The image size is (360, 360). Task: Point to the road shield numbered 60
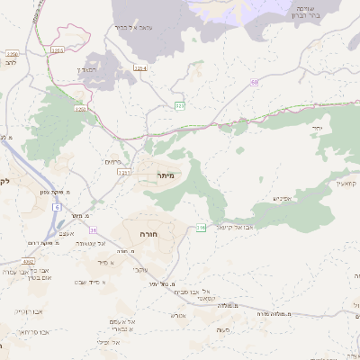[x=255, y=83]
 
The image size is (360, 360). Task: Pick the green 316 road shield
[x=201, y=228]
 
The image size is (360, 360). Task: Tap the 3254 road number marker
[x=139, y=67]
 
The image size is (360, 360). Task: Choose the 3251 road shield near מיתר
[x=123, y=172]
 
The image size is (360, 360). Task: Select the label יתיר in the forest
[x=318, y=129]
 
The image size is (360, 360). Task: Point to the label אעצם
[x=66, y=234]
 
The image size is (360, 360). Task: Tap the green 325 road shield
[x=180, y=106]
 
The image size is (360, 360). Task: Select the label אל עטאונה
[x=89, y=243]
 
